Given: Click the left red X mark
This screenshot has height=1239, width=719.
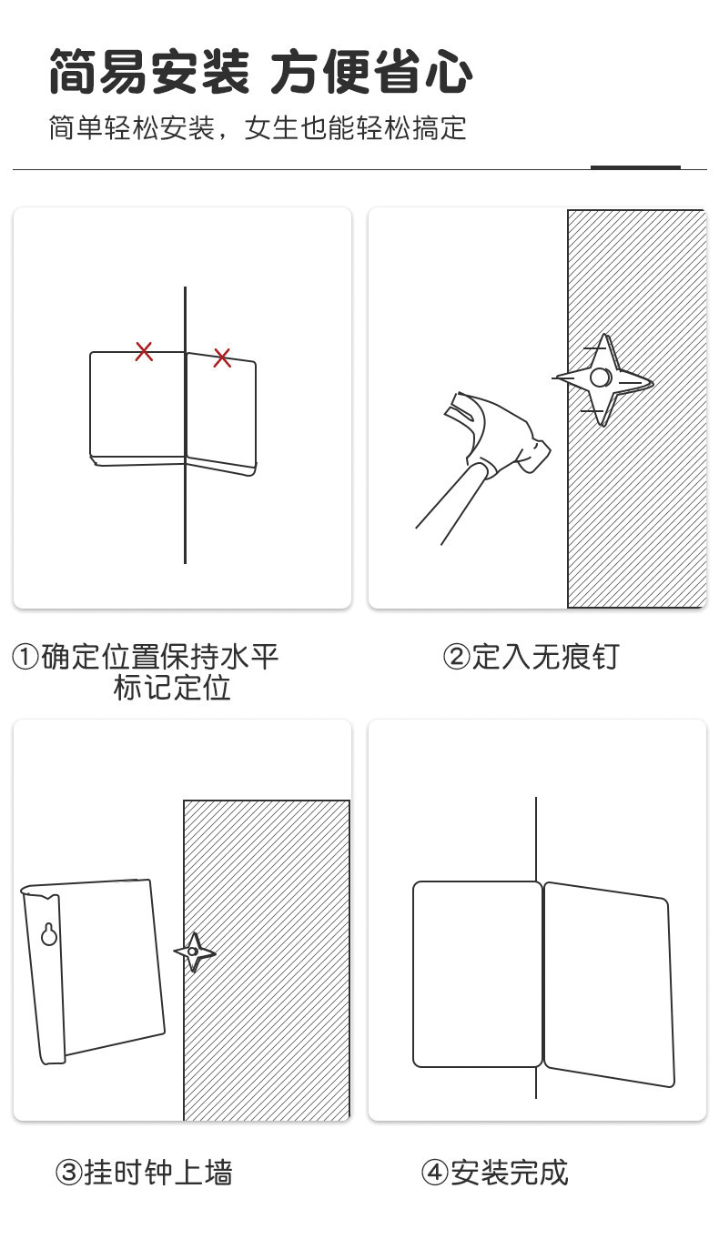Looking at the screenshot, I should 144,351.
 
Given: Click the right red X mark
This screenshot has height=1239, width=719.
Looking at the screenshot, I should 222,358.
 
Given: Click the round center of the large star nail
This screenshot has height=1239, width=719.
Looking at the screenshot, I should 600,378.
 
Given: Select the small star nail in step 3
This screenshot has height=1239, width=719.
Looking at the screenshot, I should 194,952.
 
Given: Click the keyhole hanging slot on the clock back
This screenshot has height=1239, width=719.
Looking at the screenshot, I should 50,934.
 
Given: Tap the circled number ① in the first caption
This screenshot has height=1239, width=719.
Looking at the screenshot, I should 25,657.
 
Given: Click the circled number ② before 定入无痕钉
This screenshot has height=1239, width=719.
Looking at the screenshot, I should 455,657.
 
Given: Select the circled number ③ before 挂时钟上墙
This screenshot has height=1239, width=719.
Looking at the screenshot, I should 69,1173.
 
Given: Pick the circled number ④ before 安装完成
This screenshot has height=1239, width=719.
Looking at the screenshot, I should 435,1173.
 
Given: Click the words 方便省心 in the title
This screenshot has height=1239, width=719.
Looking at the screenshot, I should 371,73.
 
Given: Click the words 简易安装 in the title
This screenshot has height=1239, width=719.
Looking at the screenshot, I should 148,73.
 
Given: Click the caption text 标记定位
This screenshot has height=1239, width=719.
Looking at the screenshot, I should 172,688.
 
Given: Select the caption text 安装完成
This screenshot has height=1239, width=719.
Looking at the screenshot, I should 509,1173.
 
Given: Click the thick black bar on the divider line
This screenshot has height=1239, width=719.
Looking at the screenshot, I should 635,167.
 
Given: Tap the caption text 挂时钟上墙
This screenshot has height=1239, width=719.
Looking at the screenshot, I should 158,1173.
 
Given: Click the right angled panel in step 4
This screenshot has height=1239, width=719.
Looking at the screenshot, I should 609,982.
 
